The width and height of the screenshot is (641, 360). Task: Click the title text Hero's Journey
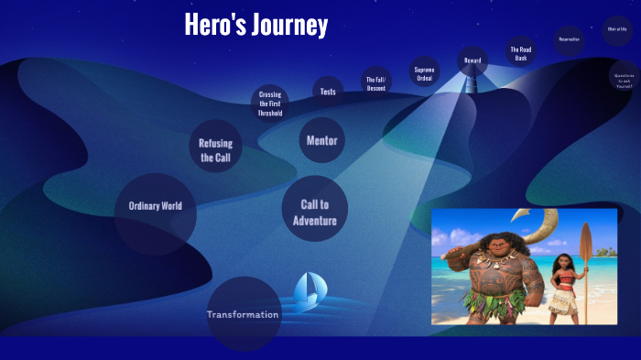click(255, 25)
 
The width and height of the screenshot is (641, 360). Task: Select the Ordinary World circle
click(156, 207)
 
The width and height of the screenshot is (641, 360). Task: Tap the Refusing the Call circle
click(216, 149)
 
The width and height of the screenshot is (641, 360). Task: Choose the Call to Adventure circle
click(314, 212)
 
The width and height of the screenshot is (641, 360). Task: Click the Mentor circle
click(321, 140)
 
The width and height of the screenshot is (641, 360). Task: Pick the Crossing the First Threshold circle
click(270, 104)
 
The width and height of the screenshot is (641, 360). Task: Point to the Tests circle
click(328, 92)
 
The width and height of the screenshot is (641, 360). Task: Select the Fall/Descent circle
click(376, 82)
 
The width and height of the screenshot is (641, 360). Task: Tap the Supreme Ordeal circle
click(424, 73)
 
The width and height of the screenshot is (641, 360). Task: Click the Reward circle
click(473, 60)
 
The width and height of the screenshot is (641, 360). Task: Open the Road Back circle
click(521, 52)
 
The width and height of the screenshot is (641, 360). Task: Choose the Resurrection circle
click(569, 39)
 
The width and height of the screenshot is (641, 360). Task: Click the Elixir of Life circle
click(617, 29)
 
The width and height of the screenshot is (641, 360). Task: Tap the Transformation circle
click(244, 314)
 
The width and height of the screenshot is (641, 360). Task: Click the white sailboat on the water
click(308, 291)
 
